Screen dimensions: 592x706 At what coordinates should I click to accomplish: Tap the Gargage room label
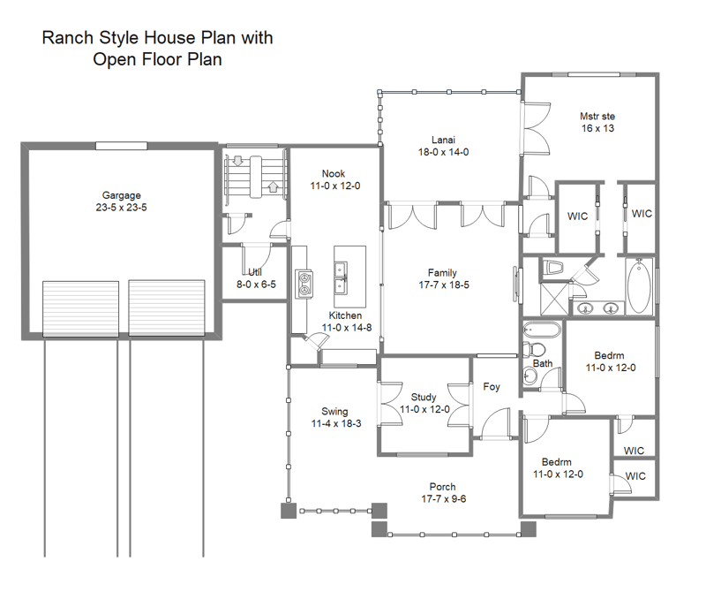pyautogui.click(x=121, y=195)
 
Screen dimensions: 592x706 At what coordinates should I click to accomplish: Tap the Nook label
pyautogui.click(x=334, y=174)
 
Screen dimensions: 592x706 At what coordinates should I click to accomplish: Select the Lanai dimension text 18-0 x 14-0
pyautogui.click(x=443, y=152)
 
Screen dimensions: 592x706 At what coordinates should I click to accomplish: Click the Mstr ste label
pyautogui.click(x=597, y=116)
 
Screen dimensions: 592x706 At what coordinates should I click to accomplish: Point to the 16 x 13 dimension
pyautogui.click(x=597, y=128)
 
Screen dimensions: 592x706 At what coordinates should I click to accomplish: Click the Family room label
pyautogui.click(x=442, y=273)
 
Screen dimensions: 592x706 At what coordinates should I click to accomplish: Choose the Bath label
pyautogui.click(x=543, y=363)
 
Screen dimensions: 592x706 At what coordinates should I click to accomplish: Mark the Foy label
pyautogui.click(x=492, y=387)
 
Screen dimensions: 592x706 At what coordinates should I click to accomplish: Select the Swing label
pyautogui.click(x=334, y=412)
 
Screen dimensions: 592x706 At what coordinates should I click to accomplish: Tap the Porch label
pyautogui.click(x=442, y=487)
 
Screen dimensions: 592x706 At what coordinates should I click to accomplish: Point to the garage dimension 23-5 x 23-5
pyautogui.click(x=121, y=209)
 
